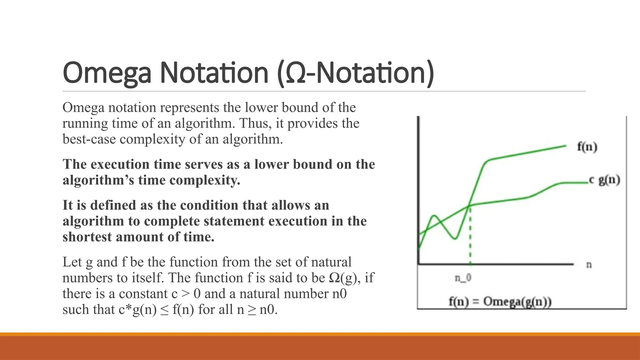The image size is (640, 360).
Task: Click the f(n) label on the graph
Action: (x=587, y=147)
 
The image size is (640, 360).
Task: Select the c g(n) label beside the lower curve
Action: (x=604, y=180)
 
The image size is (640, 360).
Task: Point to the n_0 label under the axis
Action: (x=463, y=277)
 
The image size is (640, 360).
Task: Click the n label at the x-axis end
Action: (x=589, y=265)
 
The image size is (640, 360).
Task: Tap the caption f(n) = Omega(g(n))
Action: (x=500, y=302)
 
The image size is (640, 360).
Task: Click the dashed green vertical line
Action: (x=470, y=237)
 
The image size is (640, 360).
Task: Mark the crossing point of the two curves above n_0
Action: (x=469, y=206)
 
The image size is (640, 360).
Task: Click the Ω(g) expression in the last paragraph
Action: (x=343, y=278)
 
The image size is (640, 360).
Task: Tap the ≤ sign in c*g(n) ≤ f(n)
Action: (x=164, y=310)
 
